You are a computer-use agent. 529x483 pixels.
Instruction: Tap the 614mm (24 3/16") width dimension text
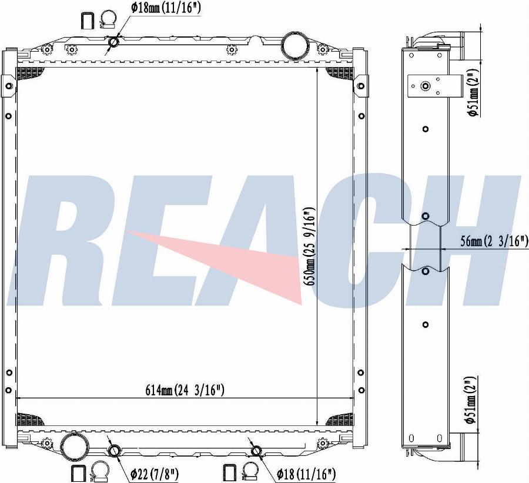click(x=185, y=390)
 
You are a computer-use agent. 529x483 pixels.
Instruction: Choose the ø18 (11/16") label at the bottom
click(x=306, y=475)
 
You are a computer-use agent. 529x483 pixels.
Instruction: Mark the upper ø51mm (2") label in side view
click(x=474, y=93)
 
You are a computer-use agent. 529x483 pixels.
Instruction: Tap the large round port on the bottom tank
click(x=73, y=445)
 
